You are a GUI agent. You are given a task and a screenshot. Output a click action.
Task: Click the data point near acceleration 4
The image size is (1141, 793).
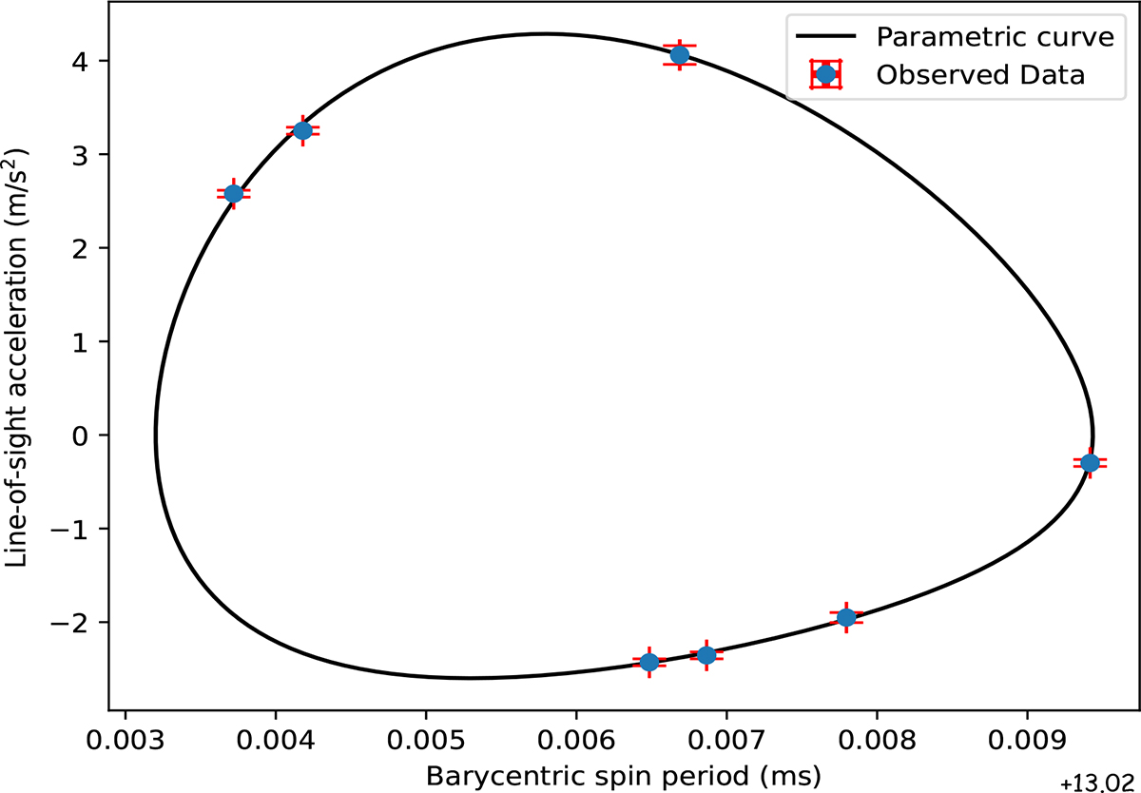pyautogui.click(x=679, y=55)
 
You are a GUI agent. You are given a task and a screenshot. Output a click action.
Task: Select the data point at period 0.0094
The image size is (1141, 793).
pyautogui.click(x=1090, y=462)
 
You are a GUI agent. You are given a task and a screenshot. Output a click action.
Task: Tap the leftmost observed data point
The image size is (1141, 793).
pyautogui.click(x=233, y=194)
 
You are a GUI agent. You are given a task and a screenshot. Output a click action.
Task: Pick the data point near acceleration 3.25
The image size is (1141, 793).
pyautogui.click(x=302, y=130)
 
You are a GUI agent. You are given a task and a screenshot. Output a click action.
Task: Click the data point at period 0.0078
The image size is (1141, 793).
pyautogui.click(x=845, y=617)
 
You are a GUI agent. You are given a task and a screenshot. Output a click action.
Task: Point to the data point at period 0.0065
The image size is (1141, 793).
pyautogui.click(x=649, y=662)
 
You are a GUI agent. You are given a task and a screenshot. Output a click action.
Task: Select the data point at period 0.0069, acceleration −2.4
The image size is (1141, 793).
pyautogui.click(x=706, y=655)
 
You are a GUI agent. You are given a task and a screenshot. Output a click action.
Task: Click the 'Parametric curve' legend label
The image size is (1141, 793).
pyautogui.click(x=981, y=37)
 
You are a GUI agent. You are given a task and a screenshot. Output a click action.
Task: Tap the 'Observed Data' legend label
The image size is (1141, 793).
pyautogui.click(x=980, y=74)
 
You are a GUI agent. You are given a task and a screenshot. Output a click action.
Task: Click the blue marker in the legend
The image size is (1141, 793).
pyautogui.click(x=826, y=74)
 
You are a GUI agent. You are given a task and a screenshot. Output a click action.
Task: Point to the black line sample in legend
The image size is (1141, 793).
pyautogui.click(x=826, y=38)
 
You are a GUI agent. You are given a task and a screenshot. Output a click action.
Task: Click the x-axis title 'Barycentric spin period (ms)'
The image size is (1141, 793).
pyautogui.click(x=623, y=775)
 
